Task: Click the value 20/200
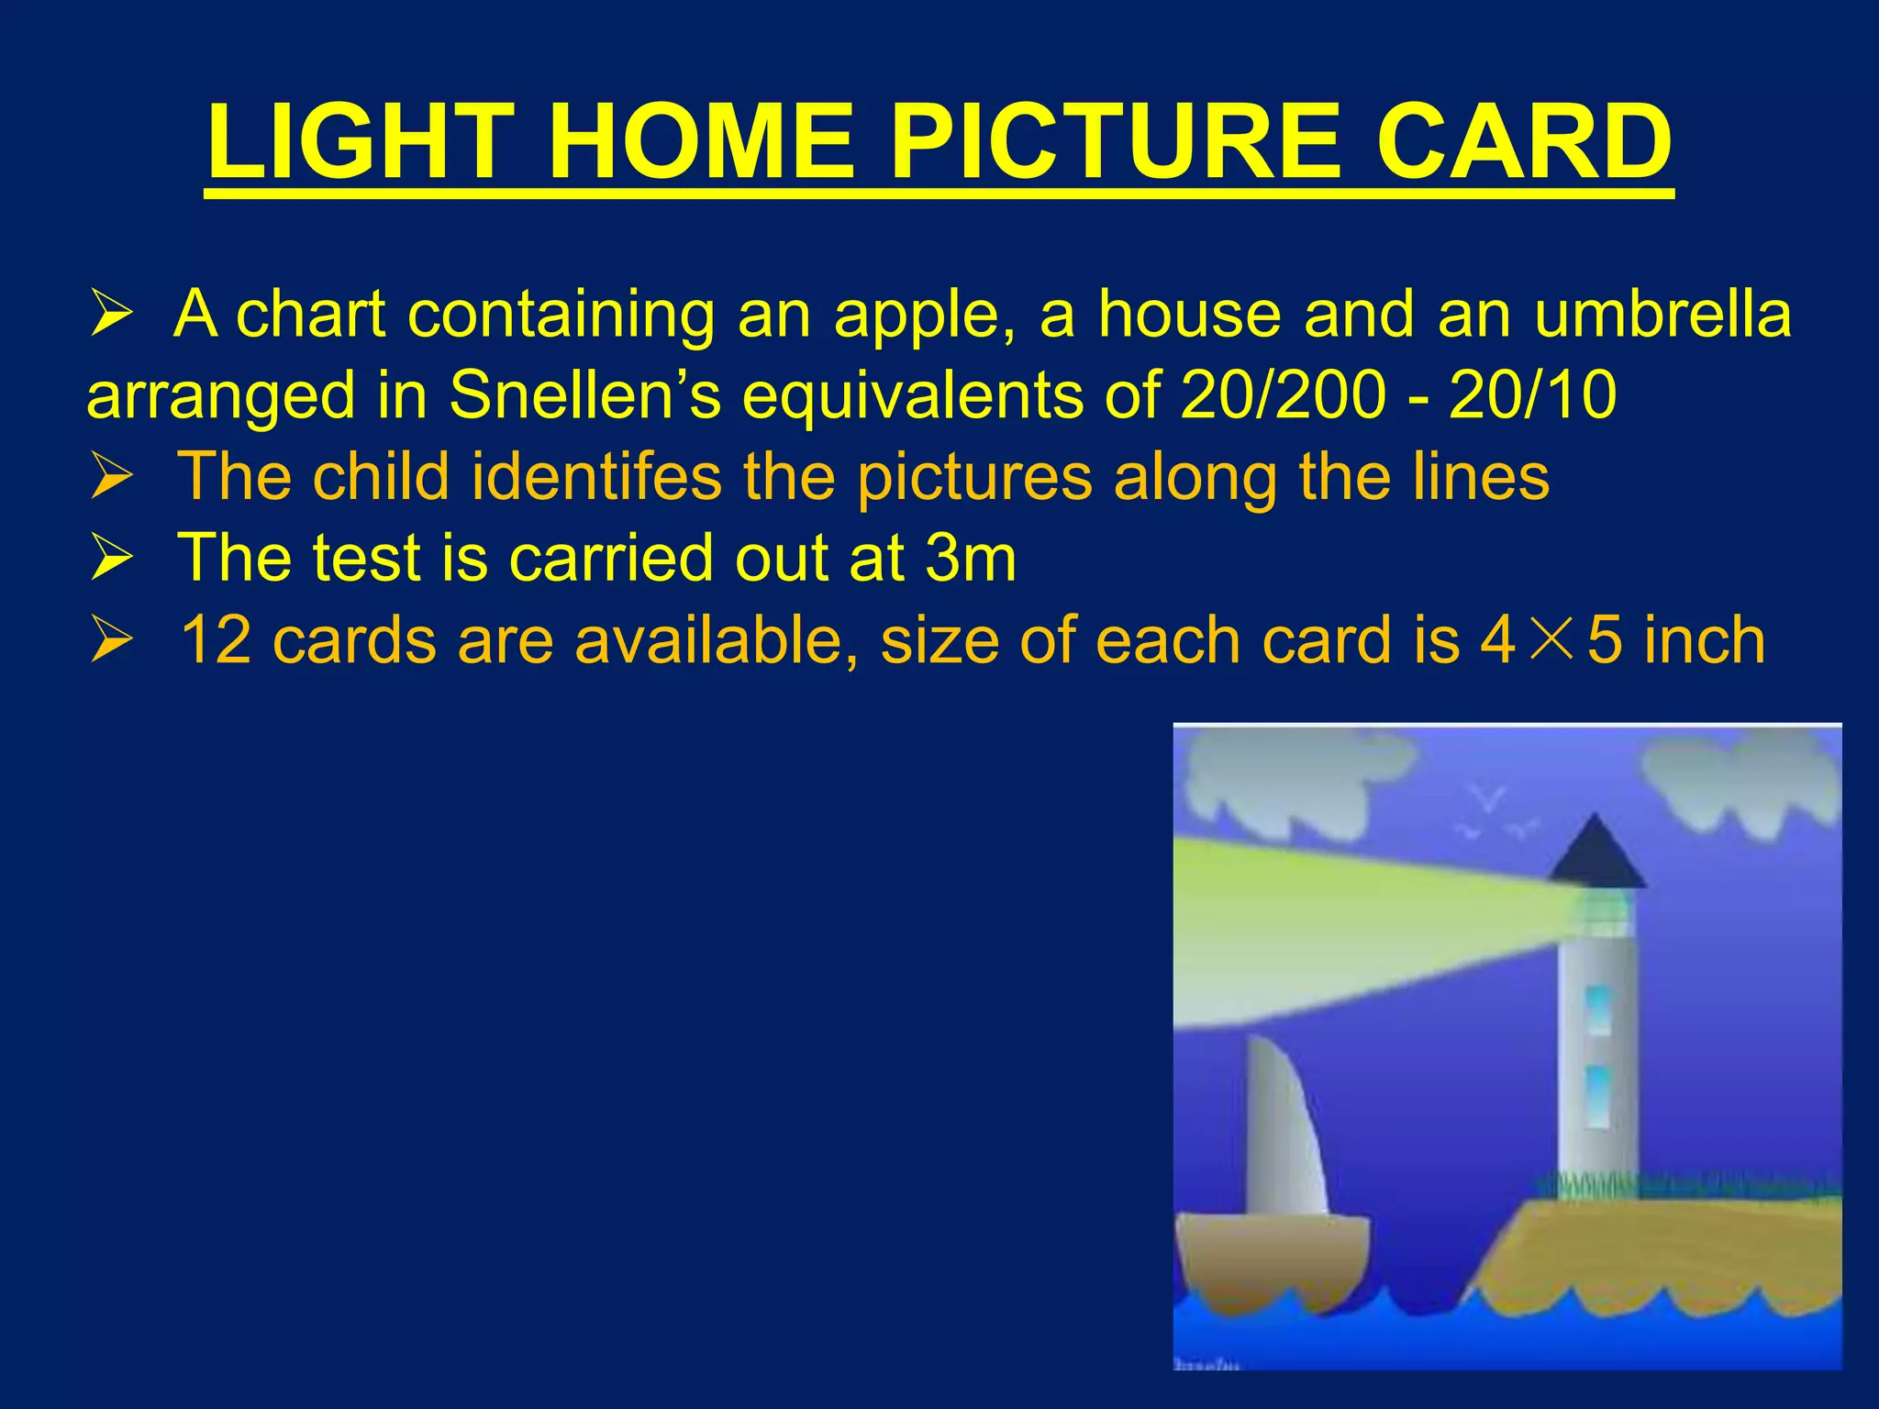click(1283, 395)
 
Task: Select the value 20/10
click(1532, 395)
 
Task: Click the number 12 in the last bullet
click(217, 639)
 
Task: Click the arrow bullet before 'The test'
click(112, 559)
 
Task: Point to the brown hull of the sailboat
click(1271, 1257)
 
